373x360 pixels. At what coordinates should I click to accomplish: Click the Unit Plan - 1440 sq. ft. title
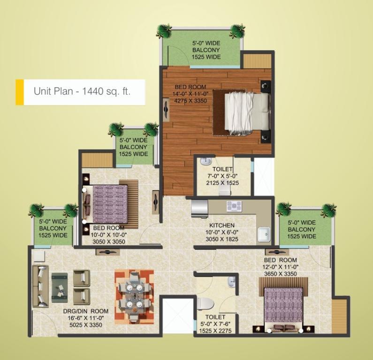[x=82, y=91]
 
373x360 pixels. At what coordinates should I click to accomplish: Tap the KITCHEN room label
[x=222, y=225]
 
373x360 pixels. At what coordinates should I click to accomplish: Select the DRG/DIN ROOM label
[x=86, y=311]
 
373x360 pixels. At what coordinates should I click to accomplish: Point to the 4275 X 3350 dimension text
[x=190, y=101]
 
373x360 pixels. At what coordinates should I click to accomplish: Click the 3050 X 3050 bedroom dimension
[x=109, y=242]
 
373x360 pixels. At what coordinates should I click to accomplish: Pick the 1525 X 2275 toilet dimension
[x=215, y=331]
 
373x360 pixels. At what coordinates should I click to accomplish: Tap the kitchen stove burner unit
[x=234, y=206]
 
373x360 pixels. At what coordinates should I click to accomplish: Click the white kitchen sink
[x=264, y=234]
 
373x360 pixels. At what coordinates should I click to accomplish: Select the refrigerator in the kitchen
[x=199, y=209]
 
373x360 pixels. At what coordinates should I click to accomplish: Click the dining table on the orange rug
[x=134, y=296]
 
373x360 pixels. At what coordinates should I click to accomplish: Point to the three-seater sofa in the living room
[x=40, y=286]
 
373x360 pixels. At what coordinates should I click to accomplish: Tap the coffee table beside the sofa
[x=60, y=287]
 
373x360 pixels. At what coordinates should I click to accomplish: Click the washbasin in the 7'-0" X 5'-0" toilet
[x=206, y=161]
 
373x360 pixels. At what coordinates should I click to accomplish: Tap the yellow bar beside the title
[x=20, y=92]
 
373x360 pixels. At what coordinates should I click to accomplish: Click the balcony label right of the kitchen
[x=301, y=230]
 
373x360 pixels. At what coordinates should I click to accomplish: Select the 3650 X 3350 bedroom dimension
[x=281, y=274]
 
